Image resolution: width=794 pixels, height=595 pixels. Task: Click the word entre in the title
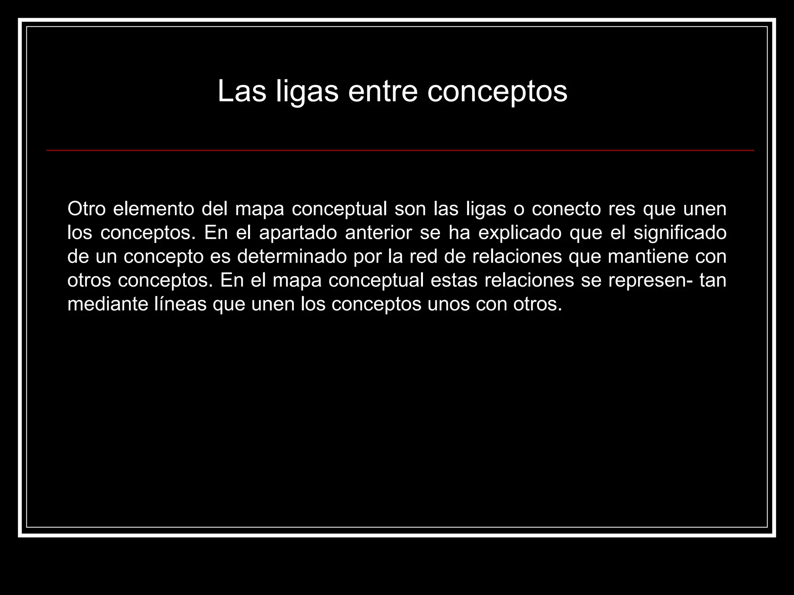click(x=382, y=91)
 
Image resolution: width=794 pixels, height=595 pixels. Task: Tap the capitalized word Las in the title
click(x=242, y=91)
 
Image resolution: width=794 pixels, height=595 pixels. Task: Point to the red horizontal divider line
click(x=400, y=150)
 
